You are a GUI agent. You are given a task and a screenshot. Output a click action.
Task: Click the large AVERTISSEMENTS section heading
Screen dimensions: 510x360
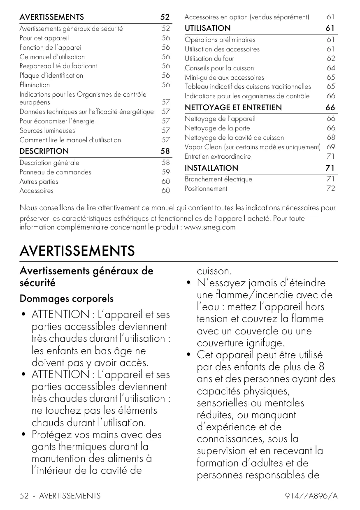click(77, 251)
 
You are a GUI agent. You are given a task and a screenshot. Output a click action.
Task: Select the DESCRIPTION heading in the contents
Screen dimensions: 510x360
click(44, 151)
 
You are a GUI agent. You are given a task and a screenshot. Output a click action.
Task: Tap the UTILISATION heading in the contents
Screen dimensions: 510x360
click(207, 28)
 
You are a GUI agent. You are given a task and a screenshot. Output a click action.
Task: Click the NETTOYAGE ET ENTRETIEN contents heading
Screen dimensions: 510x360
click(233, 107)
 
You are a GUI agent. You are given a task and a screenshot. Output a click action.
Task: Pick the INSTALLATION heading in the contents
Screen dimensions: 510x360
click(211, 168)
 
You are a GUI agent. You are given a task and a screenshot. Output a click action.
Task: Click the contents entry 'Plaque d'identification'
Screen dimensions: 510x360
click(51, 75)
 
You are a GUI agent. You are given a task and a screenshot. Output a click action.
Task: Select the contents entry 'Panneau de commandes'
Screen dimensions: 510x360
click(56, 172)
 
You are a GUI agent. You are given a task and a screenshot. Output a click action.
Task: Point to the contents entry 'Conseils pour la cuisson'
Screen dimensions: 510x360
click(219, 68)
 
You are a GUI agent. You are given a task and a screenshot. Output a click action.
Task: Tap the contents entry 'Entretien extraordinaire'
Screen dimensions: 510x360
click(218, 156)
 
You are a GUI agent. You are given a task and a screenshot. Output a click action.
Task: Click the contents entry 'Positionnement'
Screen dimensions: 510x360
click(206, 188)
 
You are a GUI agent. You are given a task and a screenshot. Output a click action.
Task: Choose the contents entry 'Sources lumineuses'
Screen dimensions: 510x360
click(47, 130)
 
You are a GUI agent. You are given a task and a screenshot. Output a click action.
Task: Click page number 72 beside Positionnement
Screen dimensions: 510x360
click(330, 188)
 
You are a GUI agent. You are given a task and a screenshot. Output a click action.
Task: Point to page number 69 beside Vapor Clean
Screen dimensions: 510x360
click(330, 147)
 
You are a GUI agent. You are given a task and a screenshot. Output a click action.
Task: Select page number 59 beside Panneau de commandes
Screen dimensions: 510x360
click(165, 172)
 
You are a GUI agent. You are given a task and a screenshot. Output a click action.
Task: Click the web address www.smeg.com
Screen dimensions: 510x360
click(210, 227)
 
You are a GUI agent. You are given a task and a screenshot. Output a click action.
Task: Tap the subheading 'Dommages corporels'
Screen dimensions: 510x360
click(67, 298)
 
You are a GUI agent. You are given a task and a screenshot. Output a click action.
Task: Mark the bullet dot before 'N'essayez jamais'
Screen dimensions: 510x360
click(188, 283)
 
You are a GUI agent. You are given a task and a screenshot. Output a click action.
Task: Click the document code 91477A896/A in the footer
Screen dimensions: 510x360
click(311, 496)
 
